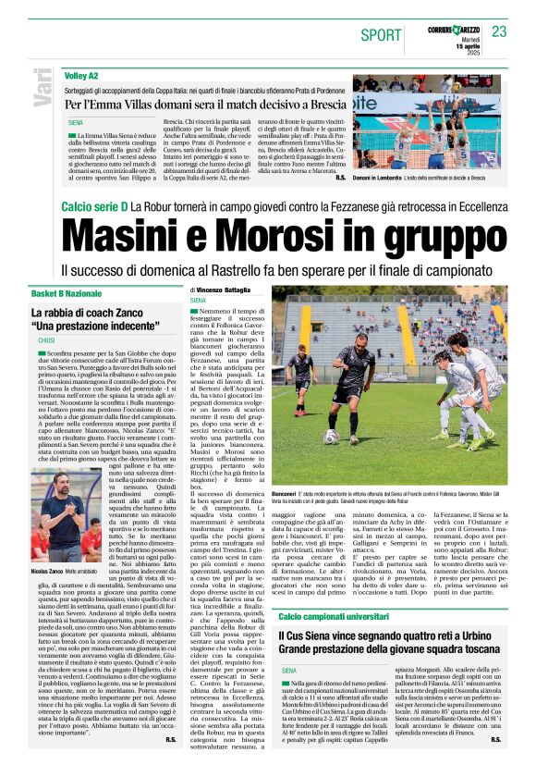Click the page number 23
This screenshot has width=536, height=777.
(499, 31)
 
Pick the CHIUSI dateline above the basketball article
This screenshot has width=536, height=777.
(46, 340)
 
